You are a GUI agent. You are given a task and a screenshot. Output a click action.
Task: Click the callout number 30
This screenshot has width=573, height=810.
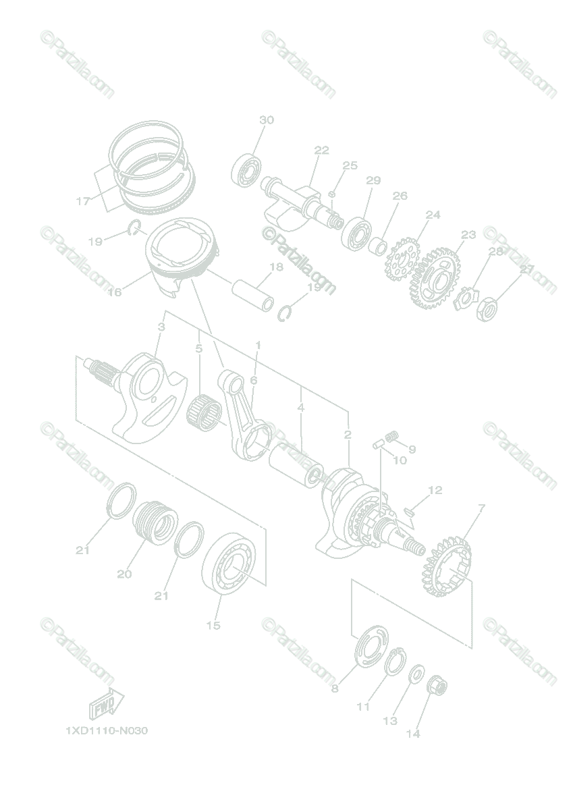coord(267,120)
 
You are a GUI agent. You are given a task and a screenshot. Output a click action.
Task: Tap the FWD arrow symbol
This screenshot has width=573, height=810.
coord(105,703)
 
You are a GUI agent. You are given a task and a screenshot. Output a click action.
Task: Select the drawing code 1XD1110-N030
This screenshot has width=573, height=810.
coord(107,730)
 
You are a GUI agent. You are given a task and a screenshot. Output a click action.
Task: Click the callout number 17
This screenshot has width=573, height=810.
coord(83,201)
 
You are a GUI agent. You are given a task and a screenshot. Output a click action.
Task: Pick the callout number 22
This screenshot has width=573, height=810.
coord(321,150)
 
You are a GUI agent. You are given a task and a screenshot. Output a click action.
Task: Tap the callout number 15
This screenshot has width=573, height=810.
coord(213,626)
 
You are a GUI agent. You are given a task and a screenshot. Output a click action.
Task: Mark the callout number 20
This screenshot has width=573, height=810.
coord(124,574)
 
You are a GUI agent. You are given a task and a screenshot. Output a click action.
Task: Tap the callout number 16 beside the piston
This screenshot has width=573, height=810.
coord(114,292)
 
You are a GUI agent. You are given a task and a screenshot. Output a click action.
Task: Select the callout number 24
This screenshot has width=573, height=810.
coord(433,215)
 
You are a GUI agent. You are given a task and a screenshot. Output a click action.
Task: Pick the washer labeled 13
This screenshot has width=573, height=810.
coord(416,672)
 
